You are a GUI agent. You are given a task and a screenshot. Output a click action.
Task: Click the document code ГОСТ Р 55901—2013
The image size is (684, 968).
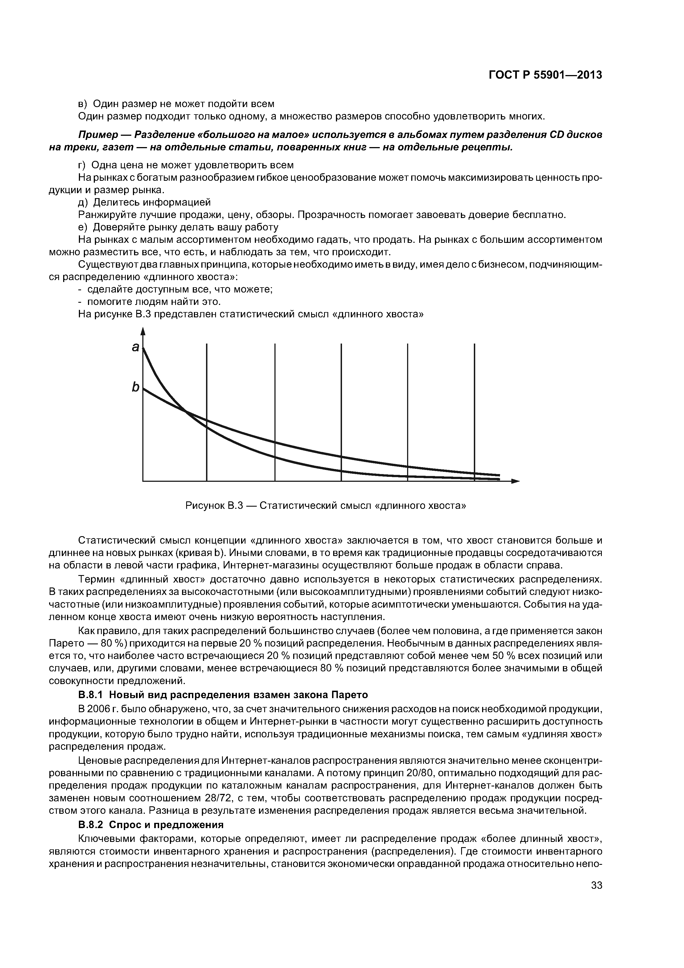pyautogui.click(x=545, y=75)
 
